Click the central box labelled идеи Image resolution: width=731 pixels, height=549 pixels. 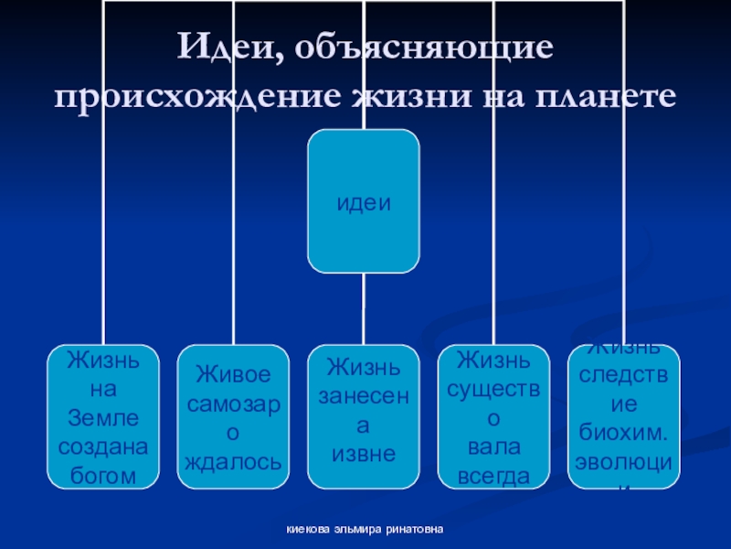[x=364, y=201]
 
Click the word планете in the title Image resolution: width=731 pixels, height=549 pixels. [x=608, y=97]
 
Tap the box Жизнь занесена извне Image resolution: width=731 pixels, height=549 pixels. [x=364, y=416]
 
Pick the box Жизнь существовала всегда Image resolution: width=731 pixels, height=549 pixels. [x=493, y=416]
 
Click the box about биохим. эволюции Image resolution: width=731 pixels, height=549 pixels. [x=624, y=416]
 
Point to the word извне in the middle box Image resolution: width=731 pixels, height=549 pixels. [x=363, y=454]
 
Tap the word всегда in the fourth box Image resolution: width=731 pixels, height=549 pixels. [x=493, y=476]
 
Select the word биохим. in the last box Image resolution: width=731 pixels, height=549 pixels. [x=624, y=433]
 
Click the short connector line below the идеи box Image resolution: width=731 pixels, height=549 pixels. [x=364, y=308]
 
